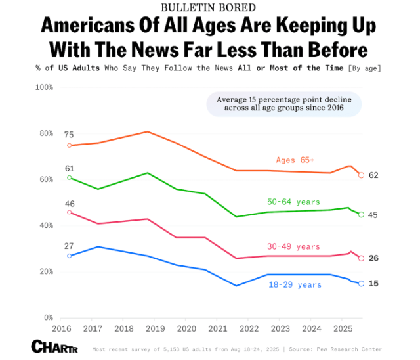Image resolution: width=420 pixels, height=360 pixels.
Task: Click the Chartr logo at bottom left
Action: tap(54, 346)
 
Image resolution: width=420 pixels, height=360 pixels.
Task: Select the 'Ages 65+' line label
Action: tap(295, 160)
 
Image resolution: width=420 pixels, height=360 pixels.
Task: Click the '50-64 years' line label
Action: tap(294, 202)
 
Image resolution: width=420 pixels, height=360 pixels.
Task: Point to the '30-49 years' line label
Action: tap(293, 246)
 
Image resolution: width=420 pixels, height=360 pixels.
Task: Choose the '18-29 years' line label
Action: tap(295, 284)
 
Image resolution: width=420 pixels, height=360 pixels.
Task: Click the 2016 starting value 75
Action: tap(69, 135)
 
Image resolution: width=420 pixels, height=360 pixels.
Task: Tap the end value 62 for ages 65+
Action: tap(373, 175)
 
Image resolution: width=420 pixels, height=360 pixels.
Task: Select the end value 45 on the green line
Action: tap(373, 215)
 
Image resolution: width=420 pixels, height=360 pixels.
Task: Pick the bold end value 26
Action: tap(373, 258)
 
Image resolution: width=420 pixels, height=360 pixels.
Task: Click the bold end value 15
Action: tap(373, 283)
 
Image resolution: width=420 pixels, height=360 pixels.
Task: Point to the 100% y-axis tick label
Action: tap(44, 87)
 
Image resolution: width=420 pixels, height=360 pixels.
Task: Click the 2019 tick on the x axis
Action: tap(155, 328)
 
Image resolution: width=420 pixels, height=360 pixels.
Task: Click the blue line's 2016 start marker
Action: tap(70, 256)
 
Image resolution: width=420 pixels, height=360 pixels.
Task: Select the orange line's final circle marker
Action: tap(361, 175)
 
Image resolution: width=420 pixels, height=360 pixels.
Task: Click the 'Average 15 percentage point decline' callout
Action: tap(283, 104)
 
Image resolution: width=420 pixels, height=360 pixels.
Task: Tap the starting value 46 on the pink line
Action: tap(69, 204)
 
